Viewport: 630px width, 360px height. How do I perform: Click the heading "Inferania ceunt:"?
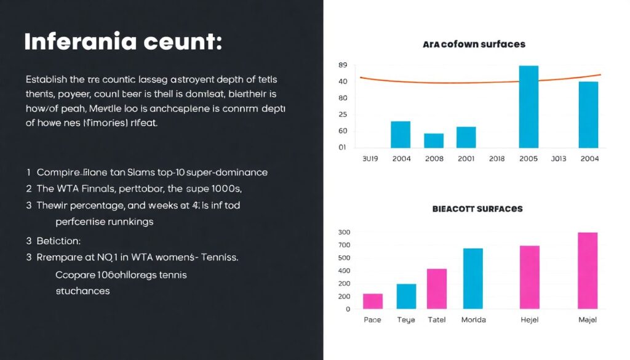coord(123,42)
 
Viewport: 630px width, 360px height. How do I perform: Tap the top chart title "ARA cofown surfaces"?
coord(474,44)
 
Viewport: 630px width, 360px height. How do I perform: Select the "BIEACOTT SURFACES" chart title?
coord(477,209)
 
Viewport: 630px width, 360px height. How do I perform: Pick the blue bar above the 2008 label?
coord(434,140)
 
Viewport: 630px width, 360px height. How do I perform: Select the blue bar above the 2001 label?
coord(466,137)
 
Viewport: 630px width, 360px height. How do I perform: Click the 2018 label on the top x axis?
coord(496,158)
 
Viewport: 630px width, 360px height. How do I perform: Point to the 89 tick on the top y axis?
coord(343,65)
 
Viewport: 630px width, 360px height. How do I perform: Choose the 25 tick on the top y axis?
coord(343,114)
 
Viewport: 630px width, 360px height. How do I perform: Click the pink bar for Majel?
coord(588,270)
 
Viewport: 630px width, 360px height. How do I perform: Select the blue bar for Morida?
coord(472,278)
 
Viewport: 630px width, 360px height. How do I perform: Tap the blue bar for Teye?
coord(406,296)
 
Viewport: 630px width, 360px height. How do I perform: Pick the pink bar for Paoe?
coord(373,301)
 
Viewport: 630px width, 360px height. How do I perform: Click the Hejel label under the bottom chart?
coord(530,319)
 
